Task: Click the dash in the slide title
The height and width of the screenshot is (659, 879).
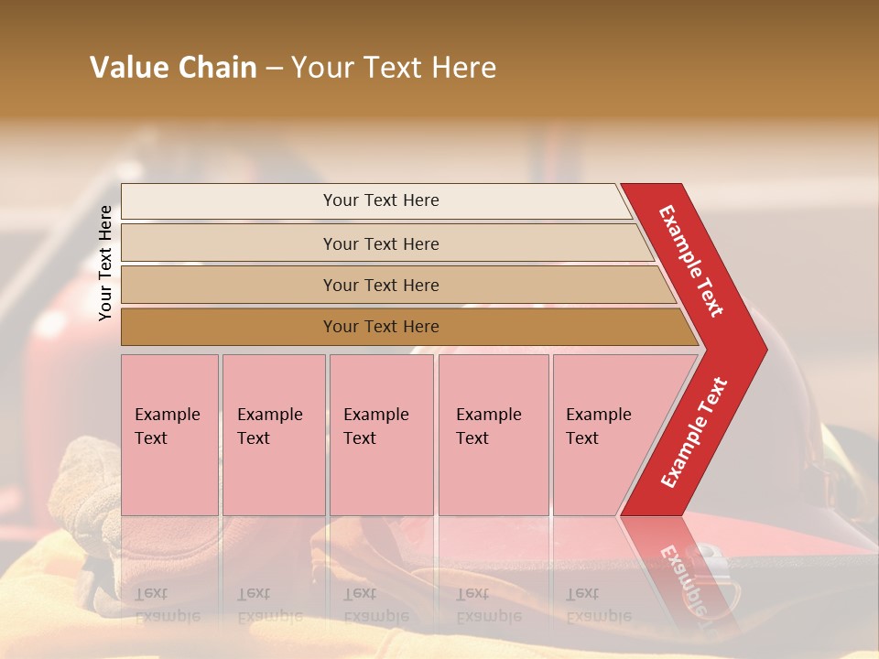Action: point(274,69)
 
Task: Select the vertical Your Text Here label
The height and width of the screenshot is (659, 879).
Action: point(105,263)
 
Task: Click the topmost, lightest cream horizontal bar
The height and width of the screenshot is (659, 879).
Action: point(381,200)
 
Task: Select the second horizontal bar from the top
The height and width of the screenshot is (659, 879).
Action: point(381,243)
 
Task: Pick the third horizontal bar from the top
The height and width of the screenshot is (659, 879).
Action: point(381,285)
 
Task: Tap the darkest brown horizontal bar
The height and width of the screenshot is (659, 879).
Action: point(381,327)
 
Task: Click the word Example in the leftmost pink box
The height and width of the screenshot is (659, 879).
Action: point(167,415)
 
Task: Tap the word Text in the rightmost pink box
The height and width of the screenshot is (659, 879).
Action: point(582,438)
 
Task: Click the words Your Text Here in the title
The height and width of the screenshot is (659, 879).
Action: point(394,68)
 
